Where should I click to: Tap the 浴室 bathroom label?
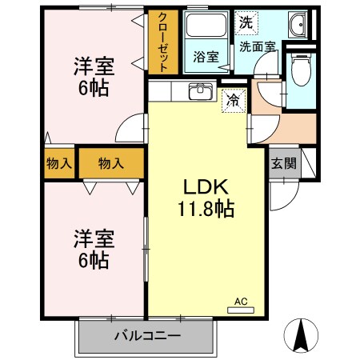click(x=206, y=56)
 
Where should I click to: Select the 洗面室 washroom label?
click(x=258, y=46)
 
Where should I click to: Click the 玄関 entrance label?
click(x=282, y=164)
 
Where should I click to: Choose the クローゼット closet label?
click(x=163, y=42)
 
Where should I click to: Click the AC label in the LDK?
click(x=239, y=302)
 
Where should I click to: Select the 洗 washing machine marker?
click(x=246, y=22)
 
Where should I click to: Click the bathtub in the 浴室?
click(x=206, y=30)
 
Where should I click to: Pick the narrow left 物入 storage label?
click(x=59, y=163)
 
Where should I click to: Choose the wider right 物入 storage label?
click(x=111, y=163)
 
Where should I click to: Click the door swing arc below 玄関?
click(x=284, y=192)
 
